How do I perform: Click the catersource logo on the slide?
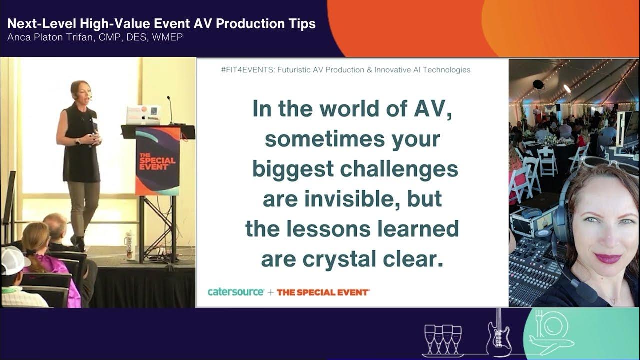(236, 292)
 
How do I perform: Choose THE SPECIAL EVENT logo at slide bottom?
(323, 292)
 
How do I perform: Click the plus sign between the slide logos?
(270, 292)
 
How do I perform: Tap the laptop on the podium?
(143, 115)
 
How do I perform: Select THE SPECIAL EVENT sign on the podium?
(157, 160)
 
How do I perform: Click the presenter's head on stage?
(79, 90)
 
